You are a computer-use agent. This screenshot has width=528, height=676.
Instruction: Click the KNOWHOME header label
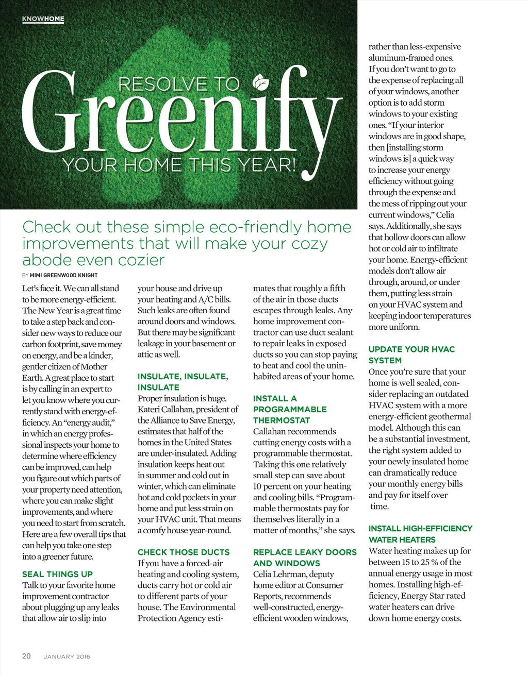[43, 19]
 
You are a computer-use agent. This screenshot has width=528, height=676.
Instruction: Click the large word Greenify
[180, 119]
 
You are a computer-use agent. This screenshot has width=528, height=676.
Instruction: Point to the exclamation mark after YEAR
[293, 165]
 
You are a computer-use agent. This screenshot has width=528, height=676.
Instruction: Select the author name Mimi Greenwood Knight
[63, 275]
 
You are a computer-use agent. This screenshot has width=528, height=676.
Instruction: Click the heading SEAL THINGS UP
[57, 574]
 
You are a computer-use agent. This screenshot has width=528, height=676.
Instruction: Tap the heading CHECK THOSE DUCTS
[184, 552]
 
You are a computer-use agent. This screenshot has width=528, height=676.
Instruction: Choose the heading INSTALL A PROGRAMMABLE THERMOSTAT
[290, 409]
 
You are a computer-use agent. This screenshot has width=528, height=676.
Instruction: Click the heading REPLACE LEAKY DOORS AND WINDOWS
[305, 557]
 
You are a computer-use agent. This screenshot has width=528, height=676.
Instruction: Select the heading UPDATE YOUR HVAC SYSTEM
[411, 354]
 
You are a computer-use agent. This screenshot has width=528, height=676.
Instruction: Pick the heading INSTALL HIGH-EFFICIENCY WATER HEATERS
[420, 534]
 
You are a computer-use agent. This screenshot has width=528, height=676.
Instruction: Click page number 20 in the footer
[26, 656]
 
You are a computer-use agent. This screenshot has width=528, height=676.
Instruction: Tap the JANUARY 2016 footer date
[67, 656]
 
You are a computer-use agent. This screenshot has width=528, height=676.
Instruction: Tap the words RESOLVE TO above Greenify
[179, 84]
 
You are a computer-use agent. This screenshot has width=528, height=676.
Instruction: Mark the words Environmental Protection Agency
[180, 613]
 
